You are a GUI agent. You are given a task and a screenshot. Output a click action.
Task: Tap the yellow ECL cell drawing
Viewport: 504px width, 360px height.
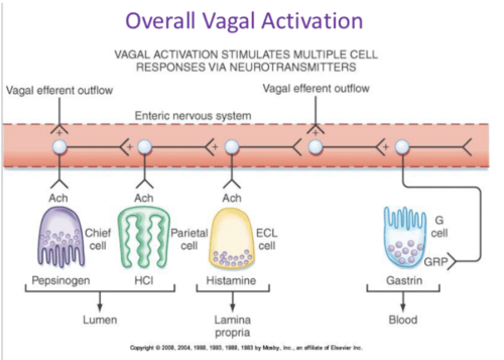(x=231, y=238)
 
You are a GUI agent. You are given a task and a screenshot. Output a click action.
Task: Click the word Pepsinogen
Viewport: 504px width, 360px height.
(x=61, y=281)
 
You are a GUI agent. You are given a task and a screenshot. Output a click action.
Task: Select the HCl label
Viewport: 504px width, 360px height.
(x=144, y=281)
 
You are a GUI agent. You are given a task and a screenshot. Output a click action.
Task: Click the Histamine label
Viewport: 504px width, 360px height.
(x=231, y=281)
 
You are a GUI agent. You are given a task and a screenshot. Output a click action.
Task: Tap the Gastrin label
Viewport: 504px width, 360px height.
(x=404, y=281)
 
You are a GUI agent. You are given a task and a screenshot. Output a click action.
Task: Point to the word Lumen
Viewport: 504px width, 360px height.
(x=100, y=320)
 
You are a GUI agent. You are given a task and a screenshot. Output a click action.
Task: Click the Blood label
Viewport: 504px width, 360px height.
(x=403, y=320)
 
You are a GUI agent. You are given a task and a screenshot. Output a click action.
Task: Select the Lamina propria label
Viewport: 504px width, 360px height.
(x=232, y=326)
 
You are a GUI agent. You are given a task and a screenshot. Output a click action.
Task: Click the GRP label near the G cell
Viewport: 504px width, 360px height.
(x=436, y=262)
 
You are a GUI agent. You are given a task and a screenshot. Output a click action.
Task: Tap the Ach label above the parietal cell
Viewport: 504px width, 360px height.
(x=144, y=198)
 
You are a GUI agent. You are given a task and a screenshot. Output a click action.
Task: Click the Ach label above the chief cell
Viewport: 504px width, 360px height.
(x=58, y=198)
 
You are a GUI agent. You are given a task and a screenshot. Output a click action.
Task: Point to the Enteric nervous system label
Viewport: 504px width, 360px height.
(x=193, y=116)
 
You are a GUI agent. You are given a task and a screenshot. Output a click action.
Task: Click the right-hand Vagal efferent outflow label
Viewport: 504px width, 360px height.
(x=316, y=89)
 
